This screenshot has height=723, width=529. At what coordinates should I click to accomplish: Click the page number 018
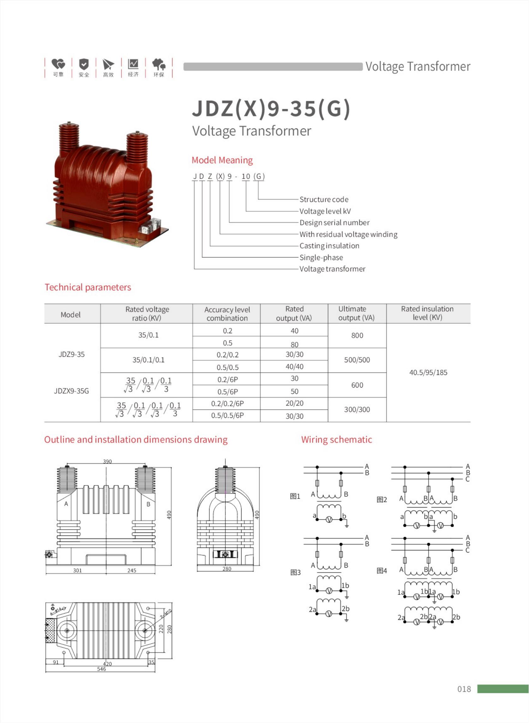pyautogui.click(x=464, y=689)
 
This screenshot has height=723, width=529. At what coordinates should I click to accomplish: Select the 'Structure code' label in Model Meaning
pyautogui.click(x=324, y=199)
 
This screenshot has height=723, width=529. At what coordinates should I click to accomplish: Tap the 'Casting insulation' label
pyautogui.click(x=329, y=246)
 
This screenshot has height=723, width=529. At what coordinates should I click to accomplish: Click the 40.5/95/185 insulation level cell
pyautogui.click(x=428, y=372)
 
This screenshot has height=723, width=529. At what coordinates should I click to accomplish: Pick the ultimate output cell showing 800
pyautogui.click(x=357, y=335)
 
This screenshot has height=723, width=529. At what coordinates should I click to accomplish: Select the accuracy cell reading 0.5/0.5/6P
pyautogui.click(x=227, y=415)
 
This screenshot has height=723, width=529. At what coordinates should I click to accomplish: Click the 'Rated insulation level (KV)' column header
pyautogui.click(x=427, y=313)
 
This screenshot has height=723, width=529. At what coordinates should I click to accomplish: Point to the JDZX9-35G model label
pyautogui.click(x=71, y=391)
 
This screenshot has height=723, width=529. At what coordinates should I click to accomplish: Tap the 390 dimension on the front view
pyautogui.click(x=107, y=461)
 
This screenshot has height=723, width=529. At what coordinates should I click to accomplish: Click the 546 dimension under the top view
pyautogui.click(x=102, y=669)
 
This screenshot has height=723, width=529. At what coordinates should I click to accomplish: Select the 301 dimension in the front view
pyautogui.click(x=77, y=570)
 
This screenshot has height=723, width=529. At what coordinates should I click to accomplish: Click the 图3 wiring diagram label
pyautogui.click(x=295, y=572)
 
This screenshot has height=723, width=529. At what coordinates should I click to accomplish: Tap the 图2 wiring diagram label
pyautogui.click(x=382, y=500)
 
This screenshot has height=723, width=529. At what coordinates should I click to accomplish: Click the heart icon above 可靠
pyautogui.click(x=58, y=64)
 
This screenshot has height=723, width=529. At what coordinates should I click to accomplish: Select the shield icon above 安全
pyautogui.click(x=84, y=64)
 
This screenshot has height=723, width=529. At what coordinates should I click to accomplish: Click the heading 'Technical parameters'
pyautogui.click(x=88, y=287)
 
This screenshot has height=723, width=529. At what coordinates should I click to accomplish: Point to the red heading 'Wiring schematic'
pyautogui.click(x=336, y=440)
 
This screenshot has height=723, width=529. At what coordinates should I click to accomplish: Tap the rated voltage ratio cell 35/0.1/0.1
pyautogui.click(x=148, y=360)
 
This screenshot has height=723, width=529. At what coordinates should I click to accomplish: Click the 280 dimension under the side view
pyautogui.click(x=227, y=569)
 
